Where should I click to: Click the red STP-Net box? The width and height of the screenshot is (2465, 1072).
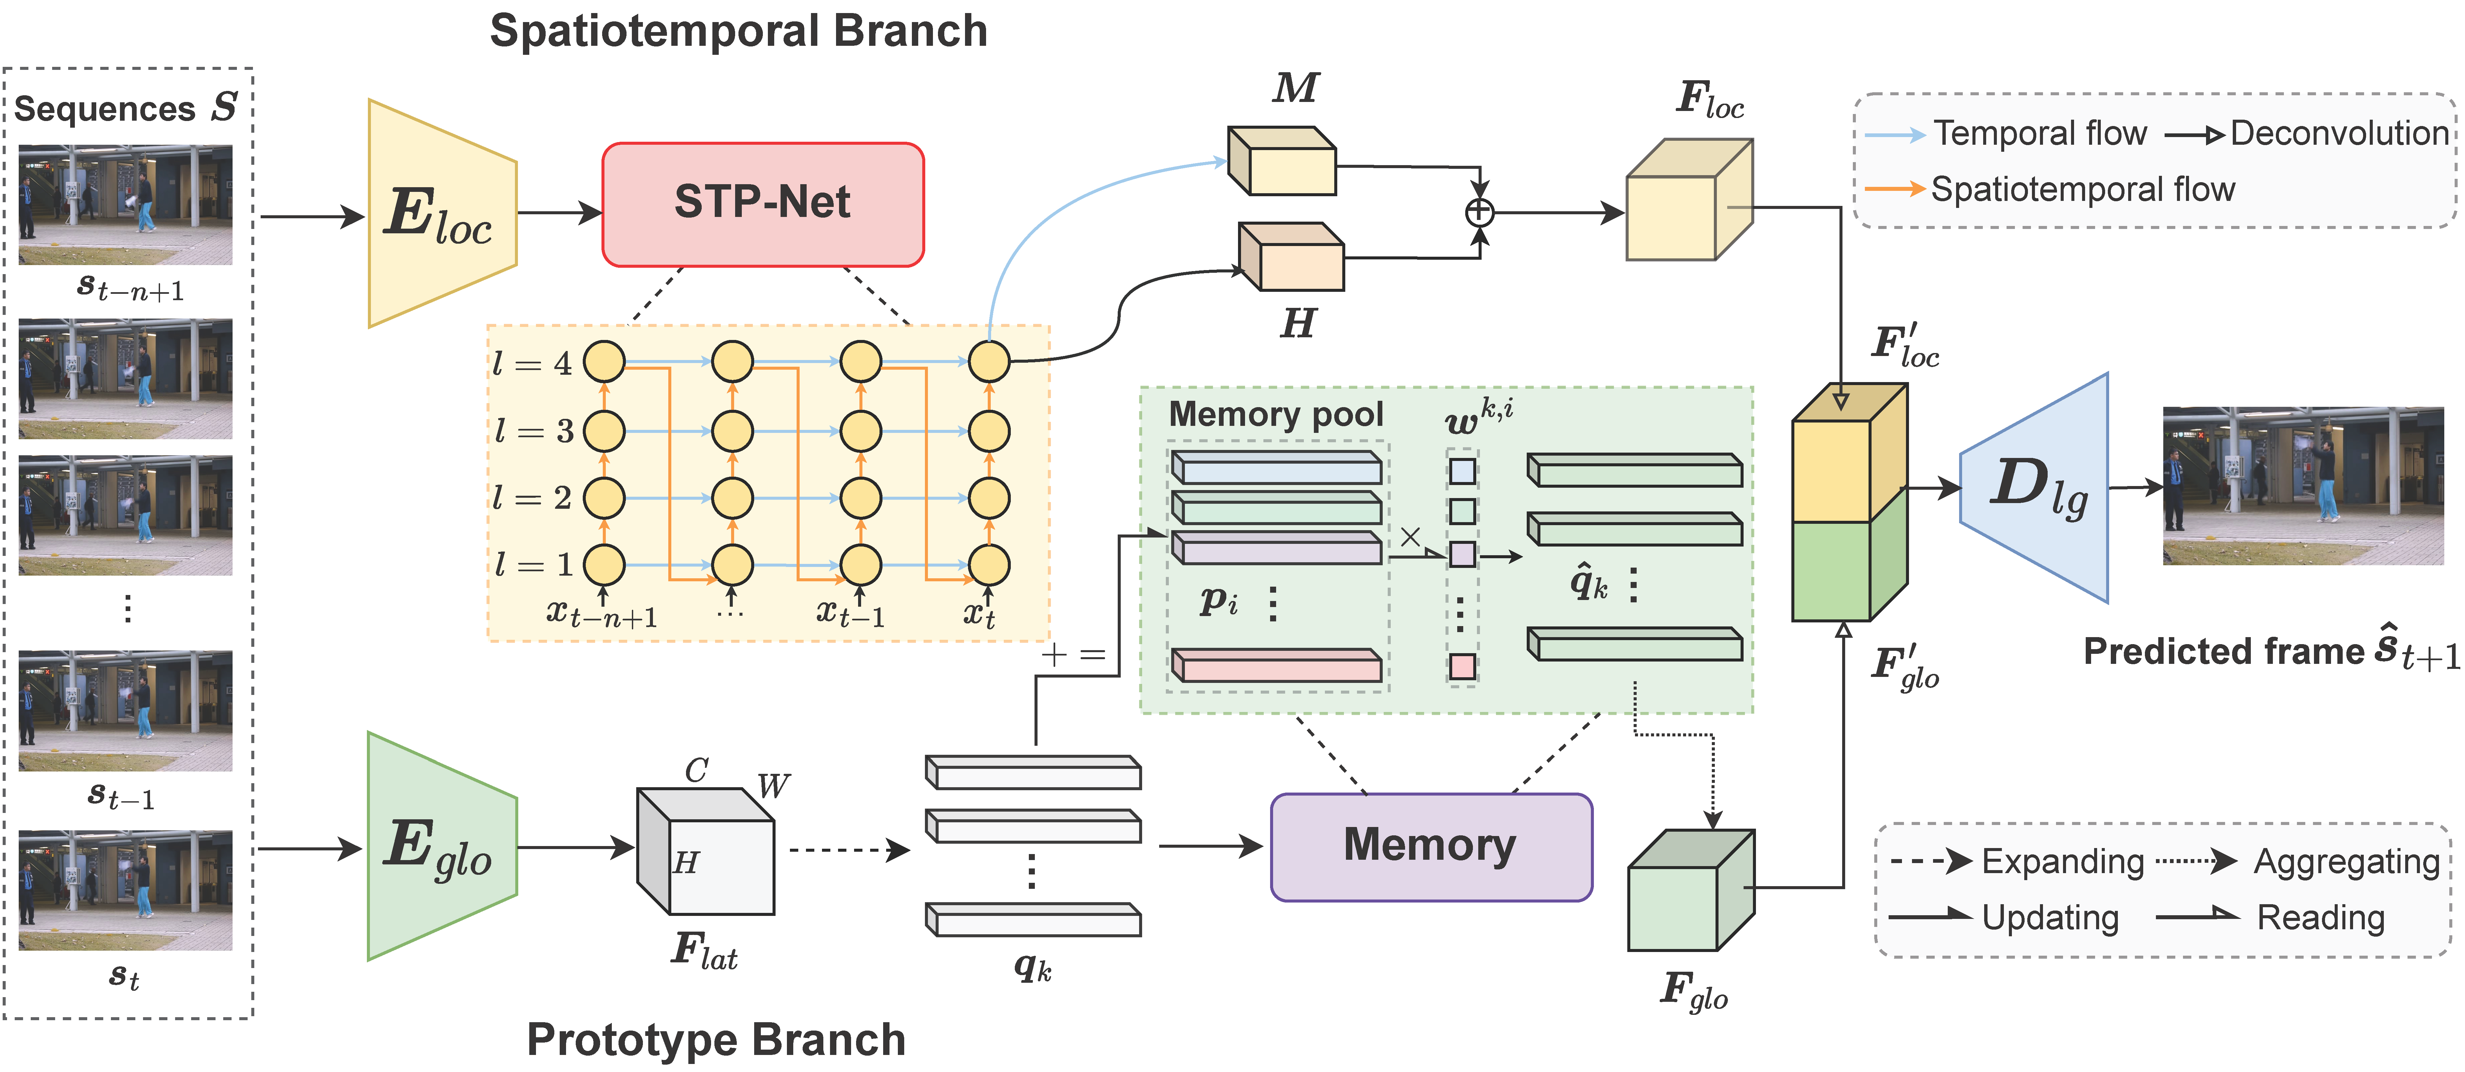(x=763, y=204)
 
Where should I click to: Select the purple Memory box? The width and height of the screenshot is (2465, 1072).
(x=1430, y=846)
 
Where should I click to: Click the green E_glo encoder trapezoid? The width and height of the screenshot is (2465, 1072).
(x=441, y=846)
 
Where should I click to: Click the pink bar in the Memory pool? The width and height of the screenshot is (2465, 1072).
(x=1276, y=665)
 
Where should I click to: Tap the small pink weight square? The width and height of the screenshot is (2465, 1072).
(x=1461, y=666)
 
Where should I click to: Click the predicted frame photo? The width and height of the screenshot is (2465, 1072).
(x=2302, y=486)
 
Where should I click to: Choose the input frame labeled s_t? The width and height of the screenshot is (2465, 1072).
(x=125, y=890)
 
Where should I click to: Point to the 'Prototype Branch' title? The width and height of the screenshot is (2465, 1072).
(x=716, y=1040)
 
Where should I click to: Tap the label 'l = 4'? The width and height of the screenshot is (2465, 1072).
(x=532, y=364)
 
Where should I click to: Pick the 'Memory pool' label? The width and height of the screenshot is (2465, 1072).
(x=1275, y=414)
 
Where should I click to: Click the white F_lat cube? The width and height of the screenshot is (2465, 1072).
(x=706, y=852)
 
